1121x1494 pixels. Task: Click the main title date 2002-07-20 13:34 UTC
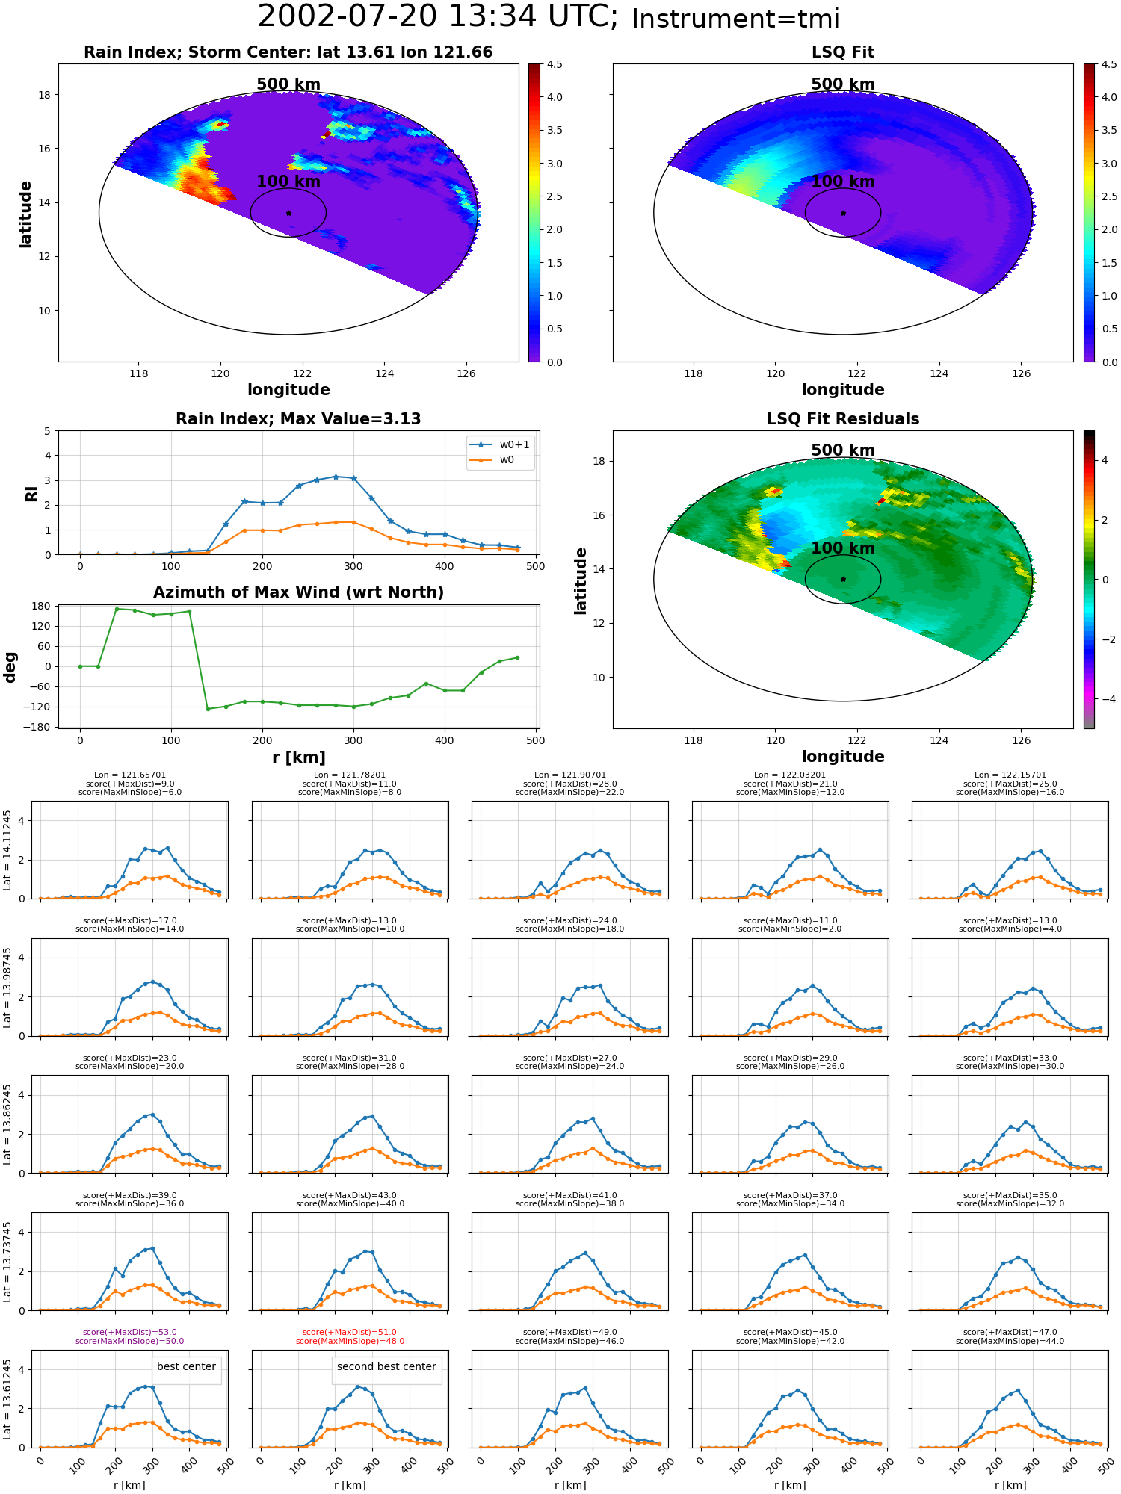(438, 17)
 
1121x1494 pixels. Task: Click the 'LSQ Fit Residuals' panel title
(843, 419)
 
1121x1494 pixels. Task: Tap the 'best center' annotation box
(186, 1366)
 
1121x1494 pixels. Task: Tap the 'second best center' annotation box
(386, 1366)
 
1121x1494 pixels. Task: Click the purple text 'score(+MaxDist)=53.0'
(130, 1333)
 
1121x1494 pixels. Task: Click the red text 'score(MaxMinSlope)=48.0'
(350, 1342)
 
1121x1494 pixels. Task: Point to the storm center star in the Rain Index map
(288, 213)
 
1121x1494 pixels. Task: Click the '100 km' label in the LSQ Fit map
(843, 182)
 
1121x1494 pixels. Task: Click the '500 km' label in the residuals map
(843, 450)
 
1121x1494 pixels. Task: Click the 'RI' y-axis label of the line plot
(32, 493)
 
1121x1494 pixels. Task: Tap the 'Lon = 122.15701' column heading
(1010, 775)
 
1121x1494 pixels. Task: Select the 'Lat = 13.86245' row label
(8, 1124)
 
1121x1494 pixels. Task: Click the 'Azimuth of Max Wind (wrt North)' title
(299, 592)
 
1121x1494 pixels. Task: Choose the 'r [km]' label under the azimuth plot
(299, 757)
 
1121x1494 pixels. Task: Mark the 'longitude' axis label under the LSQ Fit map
(843, 390)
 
